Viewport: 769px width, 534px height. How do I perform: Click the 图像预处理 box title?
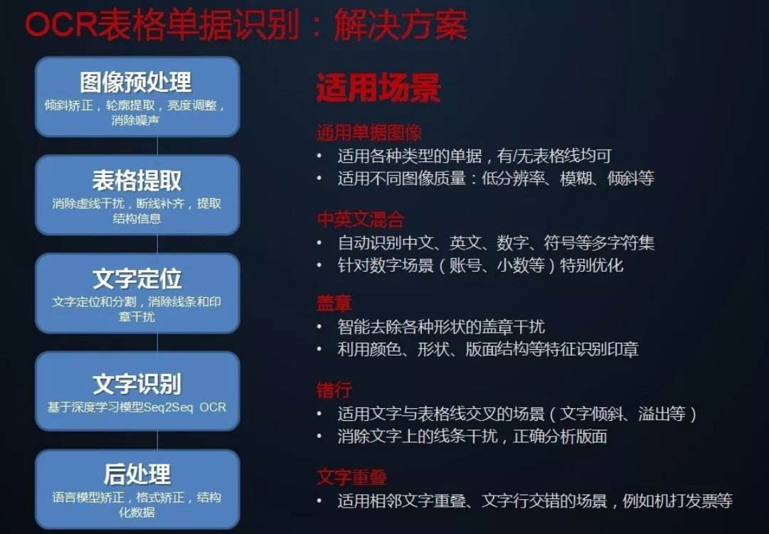tap(136, 82)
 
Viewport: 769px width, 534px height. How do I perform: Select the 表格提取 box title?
tap(137, 180)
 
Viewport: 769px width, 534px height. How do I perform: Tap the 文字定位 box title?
tap(137, 278)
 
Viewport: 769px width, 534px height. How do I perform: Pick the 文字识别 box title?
tap(137, 384)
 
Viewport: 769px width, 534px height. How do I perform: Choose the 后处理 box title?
tap(137, 474)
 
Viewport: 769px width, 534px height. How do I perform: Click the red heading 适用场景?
tap(378, 89)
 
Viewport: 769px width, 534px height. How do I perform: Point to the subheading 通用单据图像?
tap(369, 133)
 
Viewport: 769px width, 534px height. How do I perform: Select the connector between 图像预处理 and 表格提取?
tap(157, 146)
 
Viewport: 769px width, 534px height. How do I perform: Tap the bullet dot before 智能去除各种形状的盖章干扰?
tap(321, 328)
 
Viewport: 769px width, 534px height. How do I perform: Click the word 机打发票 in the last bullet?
tap(676, 501)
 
